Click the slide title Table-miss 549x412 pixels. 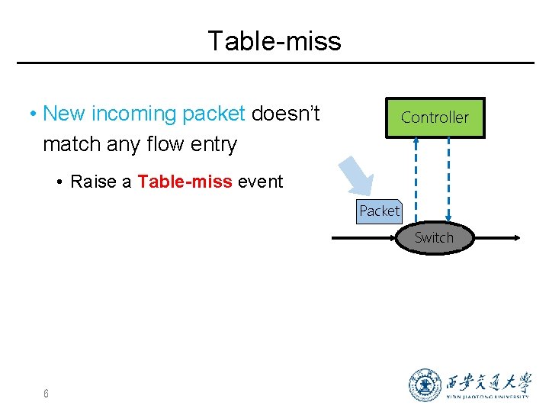[274, 40]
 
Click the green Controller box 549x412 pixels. [435, 117]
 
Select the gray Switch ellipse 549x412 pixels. [434, 238]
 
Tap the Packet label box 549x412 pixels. [379, 211]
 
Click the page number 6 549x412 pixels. [47, 394]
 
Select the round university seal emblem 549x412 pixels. [425, 385]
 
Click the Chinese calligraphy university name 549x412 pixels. [489, 381]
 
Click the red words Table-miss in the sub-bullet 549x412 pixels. [185, 182]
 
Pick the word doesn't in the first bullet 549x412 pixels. [285, 114]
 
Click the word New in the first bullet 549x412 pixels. [65, 114]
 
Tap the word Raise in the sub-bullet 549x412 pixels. [93, 182]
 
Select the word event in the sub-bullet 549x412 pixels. [260, 182]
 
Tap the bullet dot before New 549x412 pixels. [34, 114]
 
